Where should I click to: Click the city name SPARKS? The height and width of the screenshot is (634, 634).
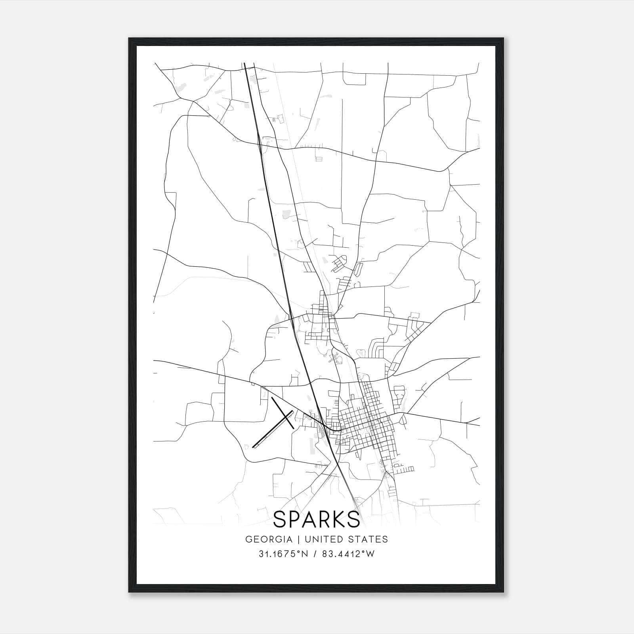[317, 519]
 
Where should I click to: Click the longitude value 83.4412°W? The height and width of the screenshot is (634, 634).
[348, 554]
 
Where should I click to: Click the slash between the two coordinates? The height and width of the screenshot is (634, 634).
[314, 554]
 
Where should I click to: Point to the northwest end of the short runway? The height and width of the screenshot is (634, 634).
[272, 398]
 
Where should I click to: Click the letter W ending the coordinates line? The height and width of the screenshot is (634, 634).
[370, 554]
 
